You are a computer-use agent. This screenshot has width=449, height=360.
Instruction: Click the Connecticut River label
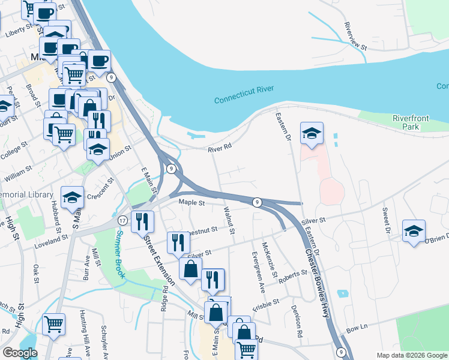244,94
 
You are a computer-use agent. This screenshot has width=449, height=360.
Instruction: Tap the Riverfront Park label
411,122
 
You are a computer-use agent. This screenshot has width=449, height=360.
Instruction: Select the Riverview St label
355,35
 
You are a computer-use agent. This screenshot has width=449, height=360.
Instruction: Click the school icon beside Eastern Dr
312,134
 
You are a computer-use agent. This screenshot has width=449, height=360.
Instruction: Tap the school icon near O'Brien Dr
414,232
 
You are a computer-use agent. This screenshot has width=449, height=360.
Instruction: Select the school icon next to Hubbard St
72,198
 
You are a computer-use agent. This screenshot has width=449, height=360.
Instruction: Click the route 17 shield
122,220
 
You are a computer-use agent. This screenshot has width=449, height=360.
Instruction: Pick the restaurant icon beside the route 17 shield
142,221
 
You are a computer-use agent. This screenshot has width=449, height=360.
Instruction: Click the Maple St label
192,203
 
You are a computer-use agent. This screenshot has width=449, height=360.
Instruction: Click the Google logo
20,352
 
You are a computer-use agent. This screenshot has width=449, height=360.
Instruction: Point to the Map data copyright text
411,355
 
